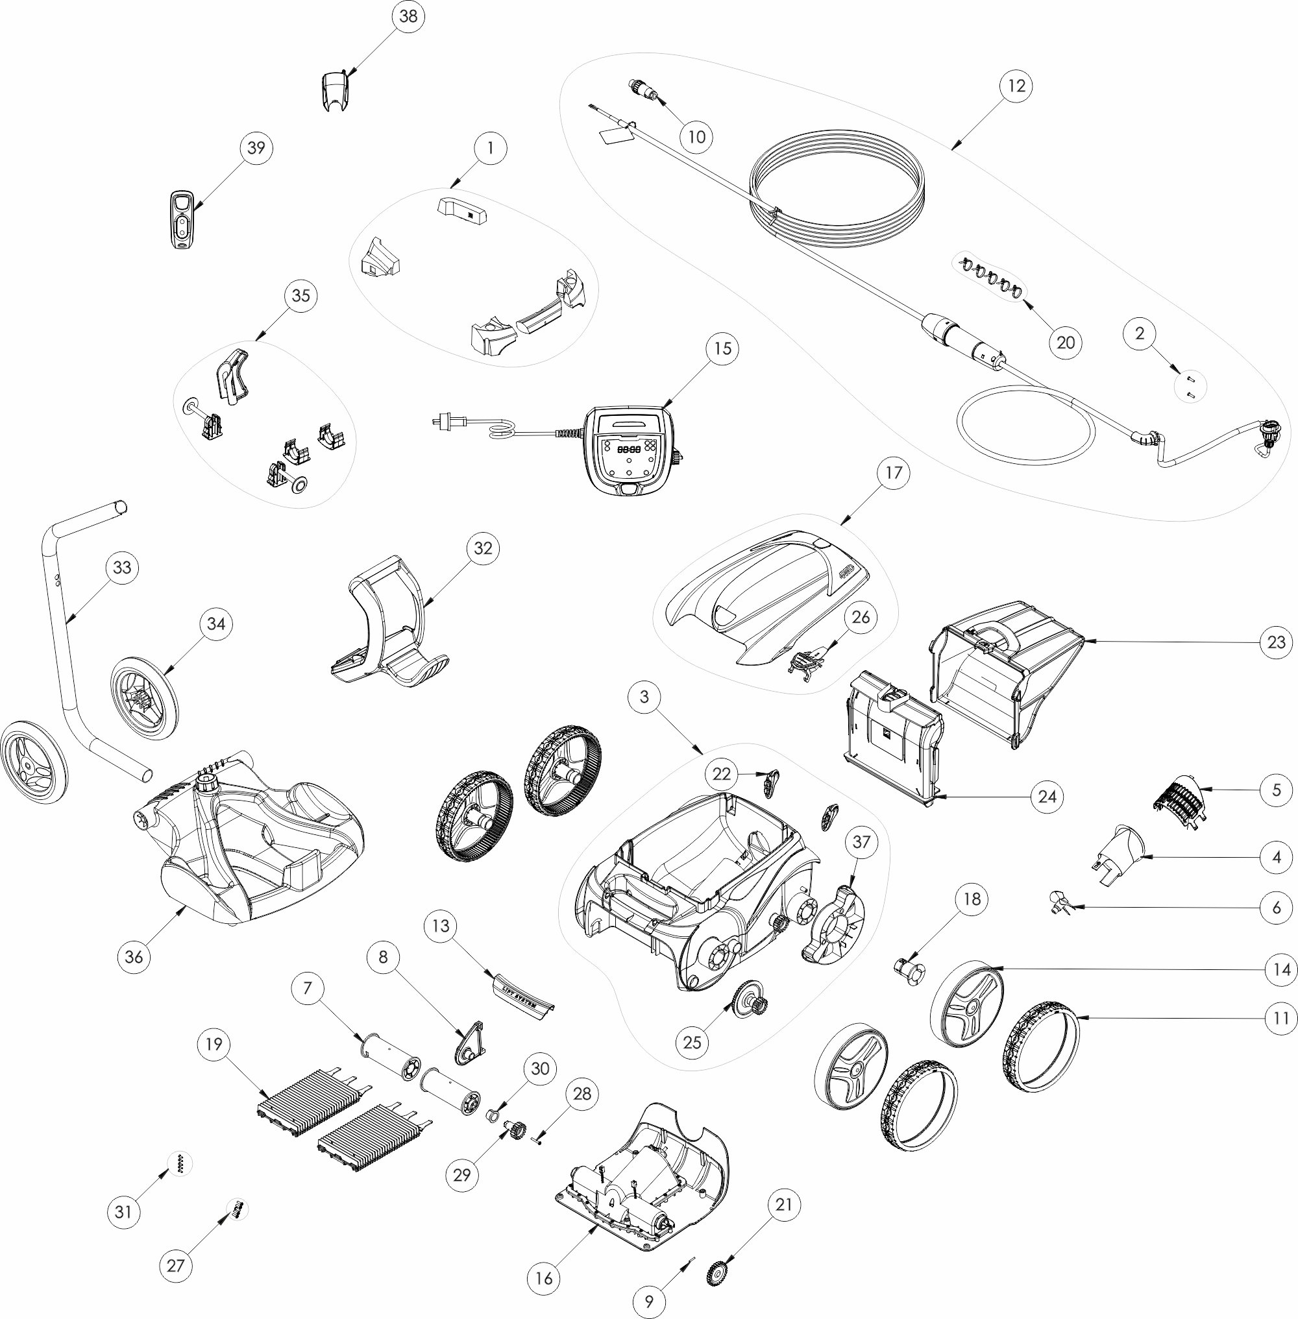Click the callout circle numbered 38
click(x=408, y=16)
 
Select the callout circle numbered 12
click(x=1016, y=86)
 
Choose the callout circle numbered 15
click(x=722, y=348)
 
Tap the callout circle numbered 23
click(x=1276, y=642)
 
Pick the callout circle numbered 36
click(x=134, y=956)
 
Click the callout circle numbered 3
click(x=644, y=696)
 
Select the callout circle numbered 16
click(x=543, y=1277)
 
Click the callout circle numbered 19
click(x=214, y=1045)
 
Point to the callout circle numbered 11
click(x=1281, y=1018)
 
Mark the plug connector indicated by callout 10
click(x=641, y=90)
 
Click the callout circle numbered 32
click(x=483, y=548)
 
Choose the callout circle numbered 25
click(x=692, y=1042)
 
